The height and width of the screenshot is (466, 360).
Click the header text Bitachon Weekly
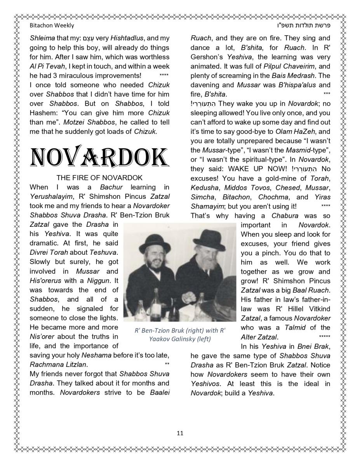pos(52,26)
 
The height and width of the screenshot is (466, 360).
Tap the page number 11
pos(180,433)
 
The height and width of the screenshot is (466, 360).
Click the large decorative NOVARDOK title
pos(99,157)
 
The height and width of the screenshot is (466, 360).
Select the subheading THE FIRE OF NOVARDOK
pos(99,178)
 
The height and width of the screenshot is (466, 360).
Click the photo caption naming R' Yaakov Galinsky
pos(180,335)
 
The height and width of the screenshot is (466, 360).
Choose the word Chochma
pos(271,197)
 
